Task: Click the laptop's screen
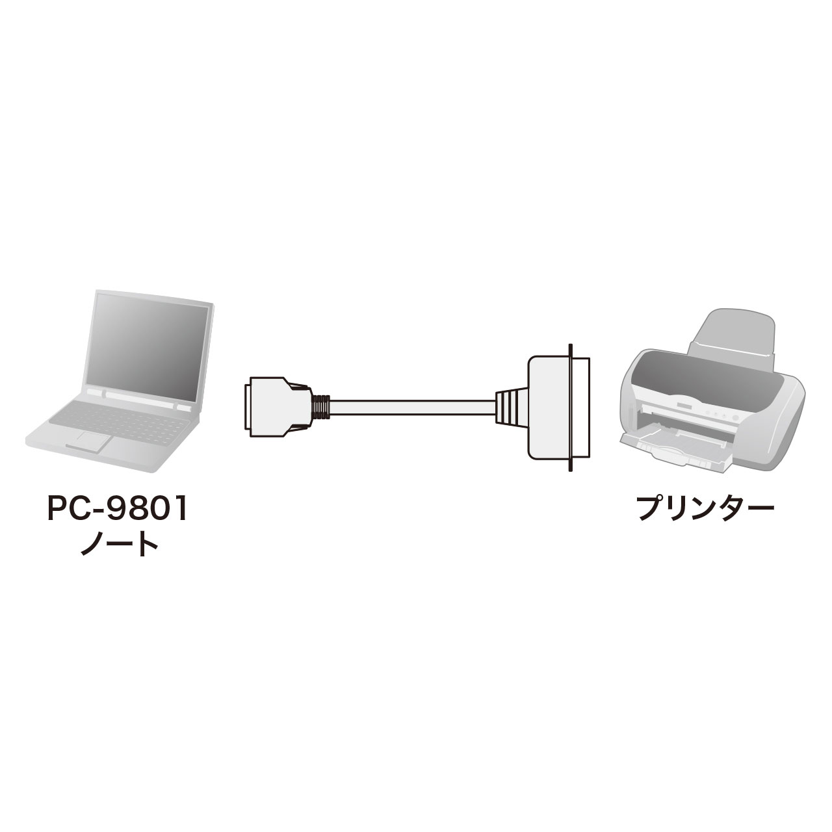click(x=148, y=346)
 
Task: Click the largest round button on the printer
click(x=735, y=418)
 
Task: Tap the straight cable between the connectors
click(x=412, y=408)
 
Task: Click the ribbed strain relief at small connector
click(x=320, y=408)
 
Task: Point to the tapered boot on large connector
click(x=511, y=408)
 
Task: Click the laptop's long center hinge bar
click(x=140, y=399)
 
